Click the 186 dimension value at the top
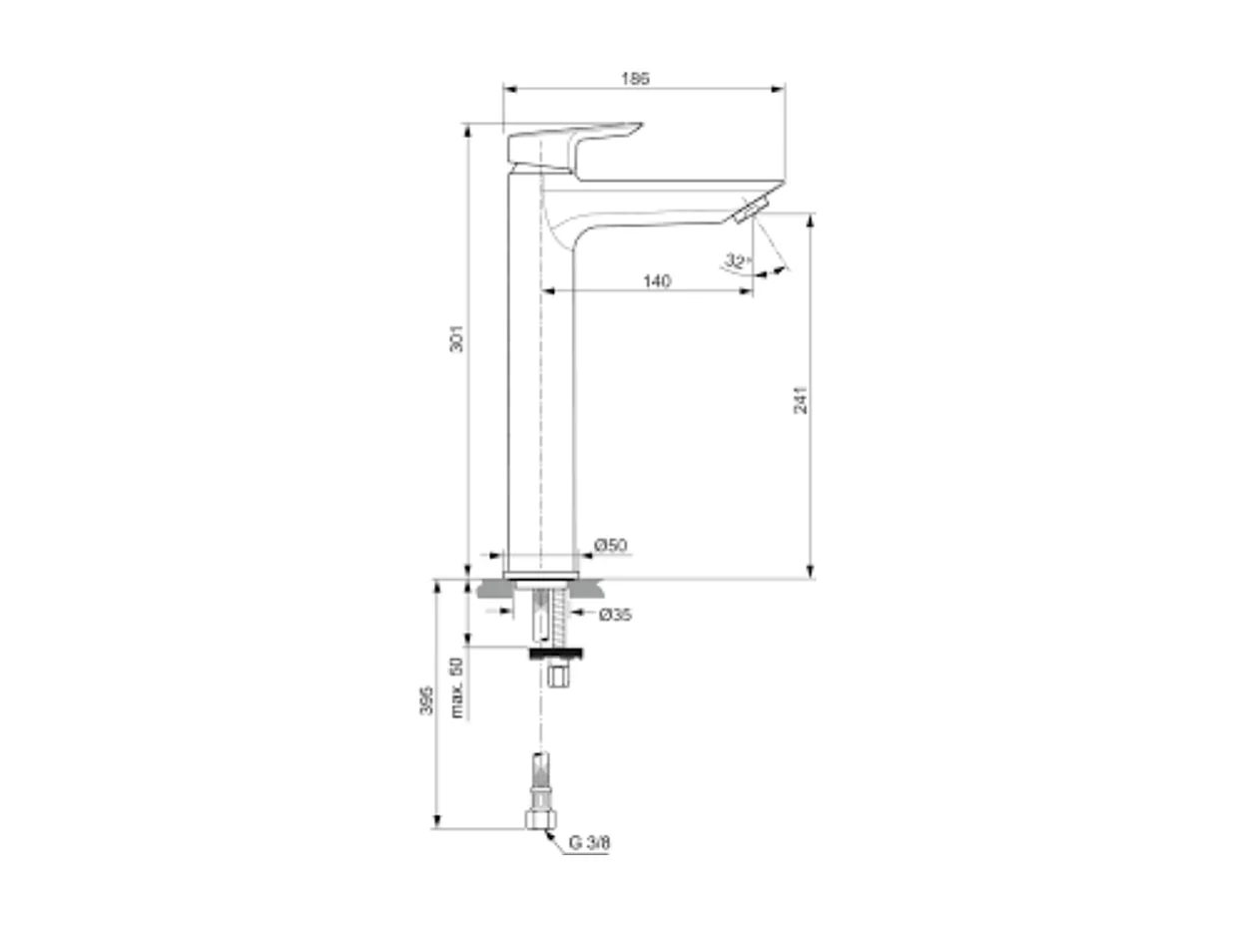click(x=636, y=78)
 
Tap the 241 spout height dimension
click(x=800, y=397)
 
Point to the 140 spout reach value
click(x=656, y=281)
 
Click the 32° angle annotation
click(x=737, y=261)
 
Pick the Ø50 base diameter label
click(x=610, y=545)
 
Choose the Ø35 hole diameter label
click(x=615, y=615)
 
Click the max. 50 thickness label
click(x=457, y=688)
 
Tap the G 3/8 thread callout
click(x=589, y=843)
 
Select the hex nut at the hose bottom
click(x=540, y=819)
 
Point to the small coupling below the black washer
click(x=558, y=678)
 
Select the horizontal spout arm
click(x=659, y=199)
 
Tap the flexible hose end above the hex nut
click(x=540, y=778)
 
